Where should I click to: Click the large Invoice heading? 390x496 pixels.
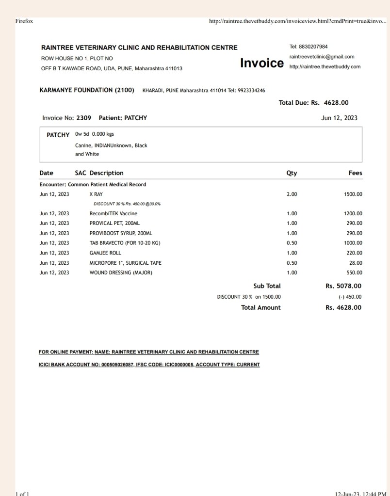tap(262, 63)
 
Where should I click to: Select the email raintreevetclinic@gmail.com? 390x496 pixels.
tap(322, 57)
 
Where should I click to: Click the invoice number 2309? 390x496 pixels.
tap(83, 118)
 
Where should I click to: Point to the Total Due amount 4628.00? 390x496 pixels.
tap(336, 103)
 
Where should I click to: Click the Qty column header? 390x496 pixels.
tap(292, 173)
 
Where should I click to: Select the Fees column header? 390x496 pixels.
tap(355, 173)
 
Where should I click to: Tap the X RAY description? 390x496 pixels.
tap(96, 194)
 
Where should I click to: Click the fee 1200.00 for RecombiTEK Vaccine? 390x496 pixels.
tap(353, 214)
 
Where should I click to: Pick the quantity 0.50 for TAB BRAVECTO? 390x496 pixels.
tap(292, 243)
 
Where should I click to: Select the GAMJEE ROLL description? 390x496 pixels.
tap(105, 253)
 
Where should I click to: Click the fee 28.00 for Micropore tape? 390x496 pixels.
tap(356, 263)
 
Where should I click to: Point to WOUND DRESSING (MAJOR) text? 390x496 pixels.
tap(121, 272)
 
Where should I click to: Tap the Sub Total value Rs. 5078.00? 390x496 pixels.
tap(343, 286)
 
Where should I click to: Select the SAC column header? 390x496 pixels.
tap(81, 173)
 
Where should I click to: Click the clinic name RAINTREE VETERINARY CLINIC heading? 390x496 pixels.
tap(139, 48)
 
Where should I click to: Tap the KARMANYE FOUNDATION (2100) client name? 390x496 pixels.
tap(87, 90)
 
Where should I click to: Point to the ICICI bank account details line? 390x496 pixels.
tap(149, 365)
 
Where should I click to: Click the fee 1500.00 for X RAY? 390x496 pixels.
tap(353, 194)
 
